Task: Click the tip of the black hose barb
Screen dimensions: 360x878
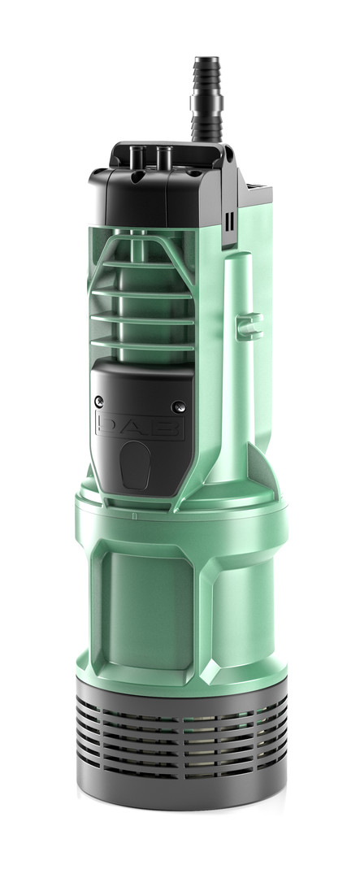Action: click(206, 59)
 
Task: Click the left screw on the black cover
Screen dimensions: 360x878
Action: click(100, 400)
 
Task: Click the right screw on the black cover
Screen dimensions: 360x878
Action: click(178, 406)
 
